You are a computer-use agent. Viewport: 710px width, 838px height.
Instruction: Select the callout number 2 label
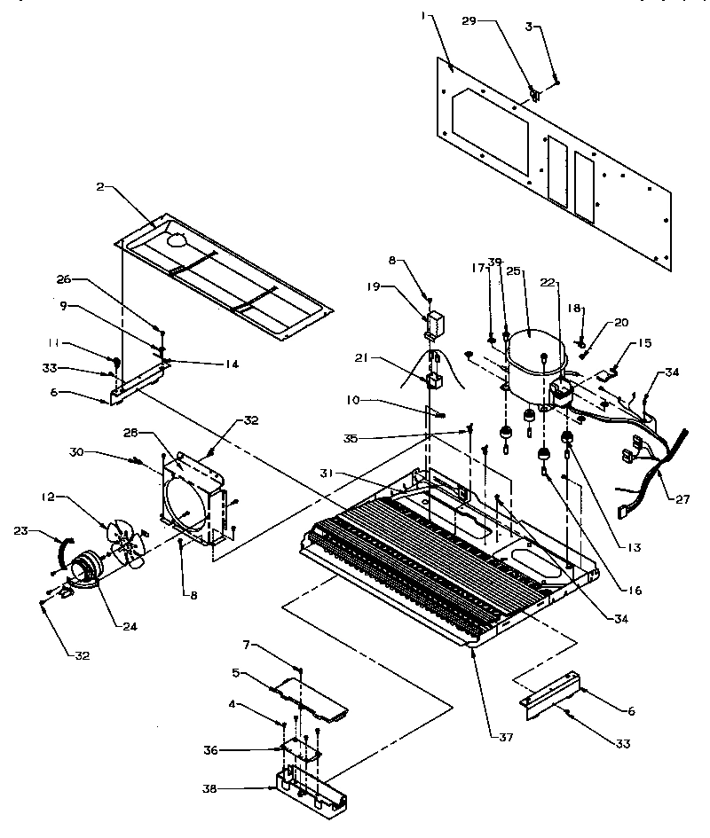coord(99,187)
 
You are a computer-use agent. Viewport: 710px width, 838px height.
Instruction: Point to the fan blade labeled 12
coord(125,541)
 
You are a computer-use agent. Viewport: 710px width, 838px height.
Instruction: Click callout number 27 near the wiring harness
coord(682,499)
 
